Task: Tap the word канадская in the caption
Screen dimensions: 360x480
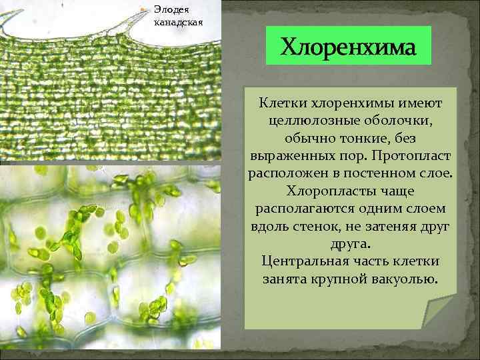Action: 178,21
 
